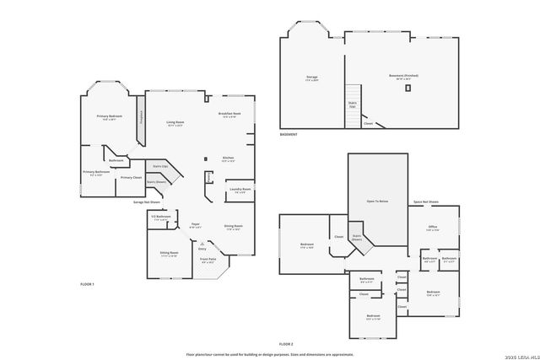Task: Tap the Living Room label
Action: [x=175, y=122]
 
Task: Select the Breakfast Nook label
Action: [x=230, y=114]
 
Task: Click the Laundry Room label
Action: [x=240, y=189]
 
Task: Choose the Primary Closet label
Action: [x=131, y=177]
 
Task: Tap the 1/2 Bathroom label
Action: [x=161, y=217]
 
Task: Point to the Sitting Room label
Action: [x=169, y=252]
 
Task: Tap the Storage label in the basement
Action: [x=311, y=77]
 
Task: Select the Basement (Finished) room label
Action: [x=403, y=75]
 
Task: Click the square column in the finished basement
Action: [x=408, y=87]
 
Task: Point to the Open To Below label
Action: [x=376, y=201]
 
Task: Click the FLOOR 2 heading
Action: [x=285, y=344]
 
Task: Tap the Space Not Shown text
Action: [x=425, y=201]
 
